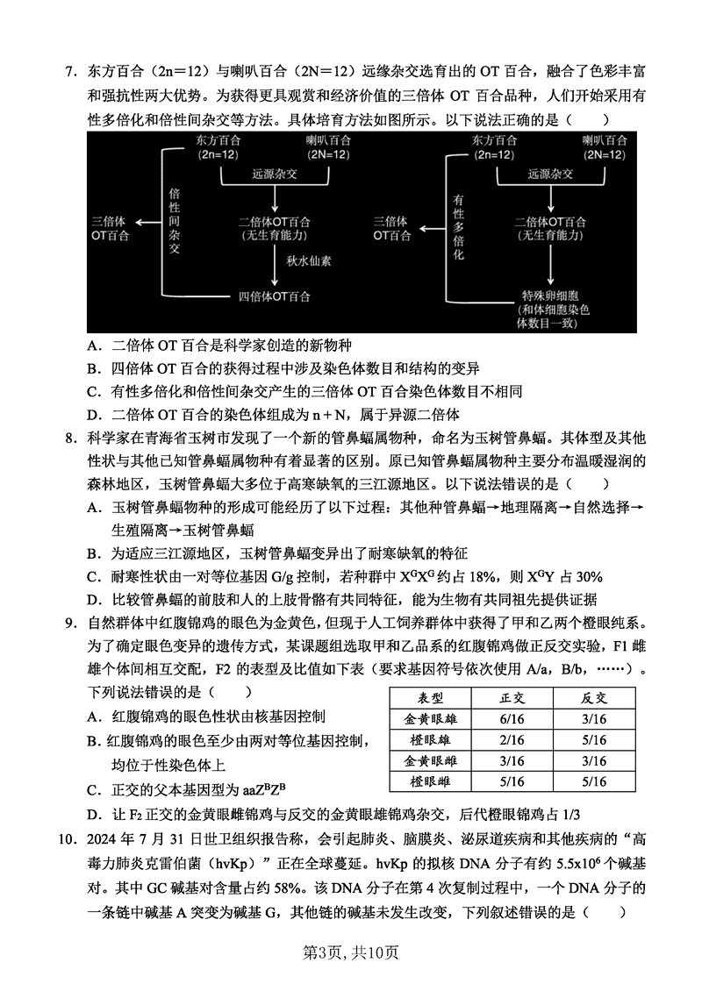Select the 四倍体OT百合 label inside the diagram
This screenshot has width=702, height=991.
[275, 296]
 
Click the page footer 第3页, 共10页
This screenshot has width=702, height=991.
[350, 952]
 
